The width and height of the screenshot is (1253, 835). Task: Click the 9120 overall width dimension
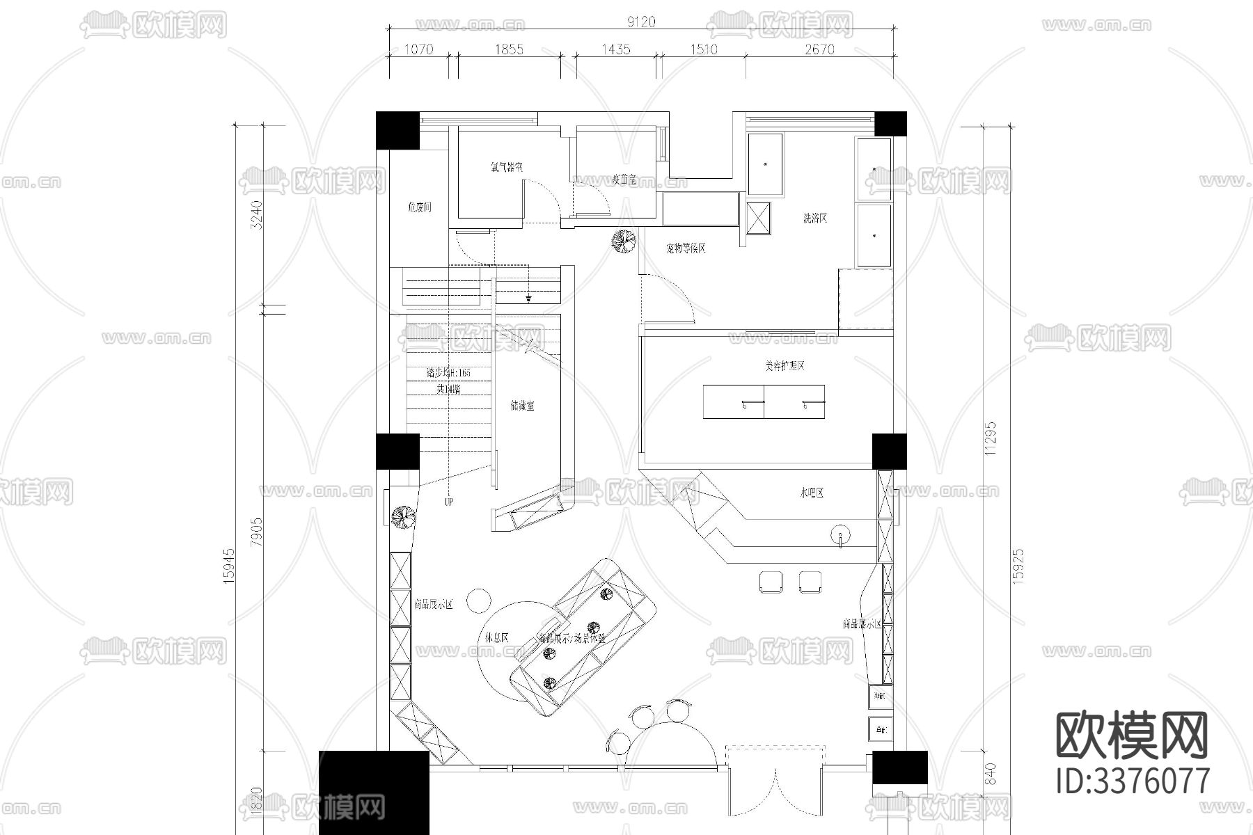point(640,22)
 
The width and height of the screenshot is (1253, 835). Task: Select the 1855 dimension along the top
point(510,49)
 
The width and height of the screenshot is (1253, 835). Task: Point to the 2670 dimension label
point(819,49)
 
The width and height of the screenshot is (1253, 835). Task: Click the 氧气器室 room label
point(506,168)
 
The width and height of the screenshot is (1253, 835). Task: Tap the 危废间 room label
point(419,207)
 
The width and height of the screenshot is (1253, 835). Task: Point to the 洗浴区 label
point(815,218)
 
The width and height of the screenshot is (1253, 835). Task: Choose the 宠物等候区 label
point(685,248)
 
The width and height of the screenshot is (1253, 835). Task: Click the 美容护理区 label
point(784,366)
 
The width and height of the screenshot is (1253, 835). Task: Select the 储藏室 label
point(522,406)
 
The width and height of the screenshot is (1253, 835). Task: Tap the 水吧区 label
point(812,493)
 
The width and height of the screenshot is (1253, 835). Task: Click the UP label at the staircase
point(448,502)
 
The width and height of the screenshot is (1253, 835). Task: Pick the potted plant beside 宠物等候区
point(623,241)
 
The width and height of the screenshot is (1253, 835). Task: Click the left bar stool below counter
point(771,582)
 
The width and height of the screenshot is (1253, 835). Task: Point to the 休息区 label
point(497,637)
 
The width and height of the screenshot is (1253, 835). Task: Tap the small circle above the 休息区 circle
point(479,600)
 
